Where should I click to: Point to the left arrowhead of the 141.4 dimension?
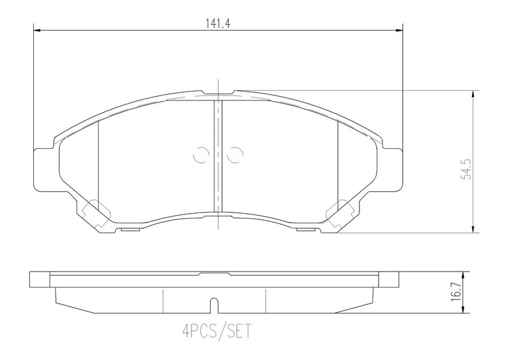(36, 30)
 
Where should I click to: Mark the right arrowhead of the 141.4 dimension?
(400, 30)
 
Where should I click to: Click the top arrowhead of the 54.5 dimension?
(473, 93)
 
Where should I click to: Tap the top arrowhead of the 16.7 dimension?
(468, 276)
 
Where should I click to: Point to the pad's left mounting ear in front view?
(43, 169)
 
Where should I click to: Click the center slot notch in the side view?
(218, 306)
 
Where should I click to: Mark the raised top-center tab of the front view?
(218, 94)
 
